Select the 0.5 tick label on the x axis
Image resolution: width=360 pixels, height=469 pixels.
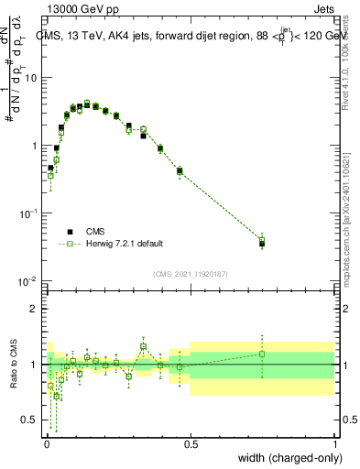point(190,443)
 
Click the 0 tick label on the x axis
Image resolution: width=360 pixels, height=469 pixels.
point(46,443)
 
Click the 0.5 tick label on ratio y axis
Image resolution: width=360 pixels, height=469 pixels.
point(30,420)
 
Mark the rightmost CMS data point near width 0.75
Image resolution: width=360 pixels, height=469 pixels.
point(262,244)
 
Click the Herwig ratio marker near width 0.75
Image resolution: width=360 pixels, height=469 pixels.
point(262,354)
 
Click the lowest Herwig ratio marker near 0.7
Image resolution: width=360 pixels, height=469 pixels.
point(57,397)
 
